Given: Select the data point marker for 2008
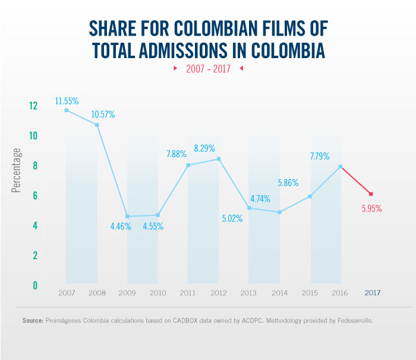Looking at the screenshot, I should pyautogui.click(x=97, y=125).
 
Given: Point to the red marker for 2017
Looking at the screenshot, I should pyautogui.click(x=371, y=194).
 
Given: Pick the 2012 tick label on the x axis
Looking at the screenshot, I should pyautogui.click(x=219, y=293).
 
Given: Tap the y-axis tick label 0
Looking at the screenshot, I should pyautogui.click(x=34, y=285).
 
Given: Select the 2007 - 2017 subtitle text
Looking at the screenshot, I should pyautogui.click(x=208, y=69).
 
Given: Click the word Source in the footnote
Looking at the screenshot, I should pyautogui.click(x=32, y=320).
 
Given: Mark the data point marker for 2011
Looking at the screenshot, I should pyautogui.click(x=188, y=165).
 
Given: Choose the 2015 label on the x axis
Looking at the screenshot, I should pyautogui.click(x=310, y=293).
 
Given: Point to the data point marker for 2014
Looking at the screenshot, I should pyautogui.click(x=279, y=212).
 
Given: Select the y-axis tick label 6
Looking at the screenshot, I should pyautogui.click(x=34, y=195).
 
